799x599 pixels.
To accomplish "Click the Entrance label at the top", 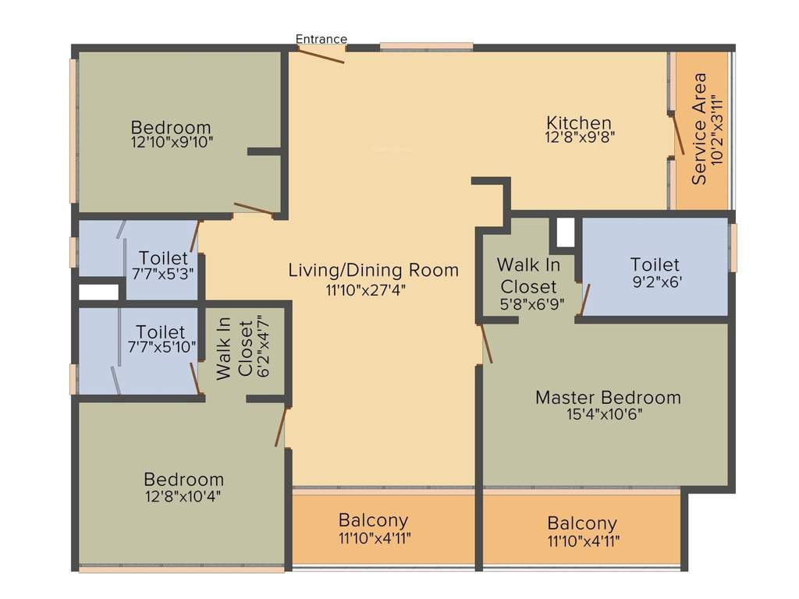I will pos(321,39).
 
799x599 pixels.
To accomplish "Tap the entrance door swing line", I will pos(321,55).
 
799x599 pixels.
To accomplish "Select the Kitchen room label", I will pos(578,123).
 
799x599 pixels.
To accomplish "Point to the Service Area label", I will pos(699,129).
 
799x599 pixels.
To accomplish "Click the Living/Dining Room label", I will pos(374,271).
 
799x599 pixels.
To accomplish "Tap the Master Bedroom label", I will pos(608,398).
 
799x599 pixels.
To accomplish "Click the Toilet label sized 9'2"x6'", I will pos(655,264).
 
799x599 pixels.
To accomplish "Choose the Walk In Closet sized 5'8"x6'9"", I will pos(528,275).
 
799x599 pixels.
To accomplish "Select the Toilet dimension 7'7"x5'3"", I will pos(163,274).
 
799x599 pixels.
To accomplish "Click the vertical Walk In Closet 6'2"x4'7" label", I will pos(235,349).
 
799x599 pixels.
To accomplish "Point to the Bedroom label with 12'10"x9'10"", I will pos(171,127).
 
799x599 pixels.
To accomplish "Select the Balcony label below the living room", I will pos(373,520).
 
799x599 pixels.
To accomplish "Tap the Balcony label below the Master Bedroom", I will pos(581,523).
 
